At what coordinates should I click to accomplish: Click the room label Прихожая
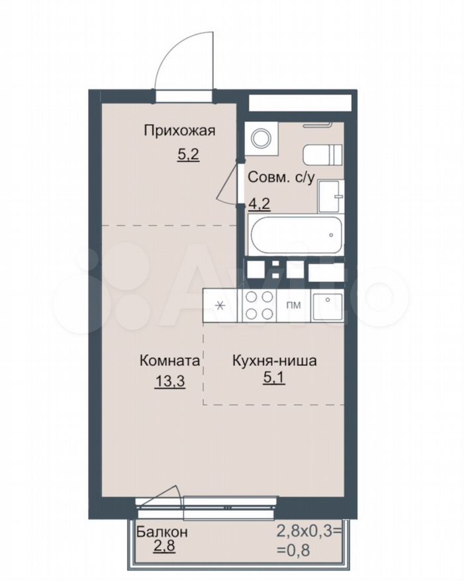click(x=180, y=131)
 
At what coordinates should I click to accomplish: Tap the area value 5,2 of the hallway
click(x=188, y=154)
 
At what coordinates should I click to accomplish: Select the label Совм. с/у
click(x=281, y=177)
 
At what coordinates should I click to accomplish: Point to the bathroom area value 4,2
click(x=259, y=204)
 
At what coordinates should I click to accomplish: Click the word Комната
click(x=169, y=360)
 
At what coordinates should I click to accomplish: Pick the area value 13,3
click(x=169, y=381)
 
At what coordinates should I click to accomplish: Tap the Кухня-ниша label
click(x=274, y=360)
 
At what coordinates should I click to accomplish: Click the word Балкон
click(x=162, y=532)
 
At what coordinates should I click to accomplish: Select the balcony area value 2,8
click(x=163, y=547)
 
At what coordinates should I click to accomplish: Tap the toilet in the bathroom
click(x=322, y=154)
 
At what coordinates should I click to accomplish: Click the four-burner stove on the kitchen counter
click(x=258, y=306)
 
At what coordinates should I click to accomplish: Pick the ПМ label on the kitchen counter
click(x=293, y=306)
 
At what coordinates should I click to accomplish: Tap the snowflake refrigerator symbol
click(x=220, y=306)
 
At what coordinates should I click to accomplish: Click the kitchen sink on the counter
click(x=327, y=306)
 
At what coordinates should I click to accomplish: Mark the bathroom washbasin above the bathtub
click(x=331, y=197)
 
